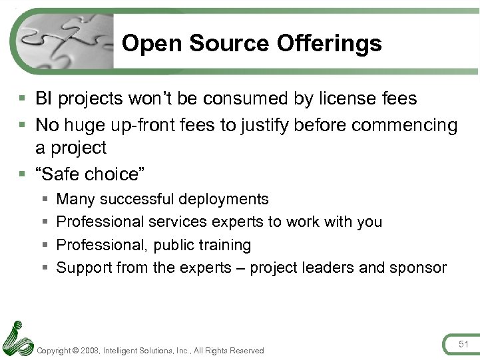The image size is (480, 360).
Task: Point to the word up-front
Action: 150,125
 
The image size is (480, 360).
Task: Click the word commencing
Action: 405,125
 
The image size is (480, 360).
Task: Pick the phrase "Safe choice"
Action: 92,174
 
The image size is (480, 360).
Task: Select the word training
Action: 223,245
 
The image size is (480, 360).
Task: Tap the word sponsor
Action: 418,268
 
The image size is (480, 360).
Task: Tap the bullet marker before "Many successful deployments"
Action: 45,200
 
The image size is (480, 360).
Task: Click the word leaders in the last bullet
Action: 331,268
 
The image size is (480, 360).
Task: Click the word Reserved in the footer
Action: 246,351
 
